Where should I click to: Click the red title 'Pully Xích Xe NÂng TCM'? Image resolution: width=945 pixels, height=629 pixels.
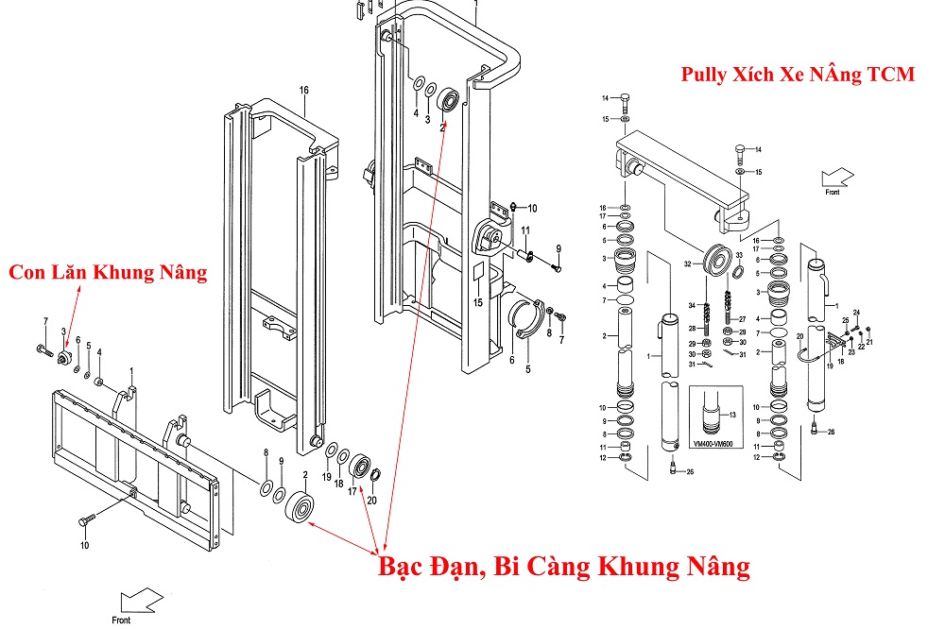point(798,75)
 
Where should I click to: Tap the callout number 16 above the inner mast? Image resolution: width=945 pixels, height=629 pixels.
point(304,91)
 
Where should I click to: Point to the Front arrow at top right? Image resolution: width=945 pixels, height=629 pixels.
point(837,178)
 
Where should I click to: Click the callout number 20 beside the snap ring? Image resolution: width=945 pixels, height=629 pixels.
point(371,501)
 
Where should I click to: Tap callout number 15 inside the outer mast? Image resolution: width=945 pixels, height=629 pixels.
point(478,302)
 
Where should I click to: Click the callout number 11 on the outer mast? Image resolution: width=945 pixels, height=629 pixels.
point(524,231)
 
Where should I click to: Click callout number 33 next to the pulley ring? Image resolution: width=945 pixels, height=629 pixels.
point(739,256)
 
